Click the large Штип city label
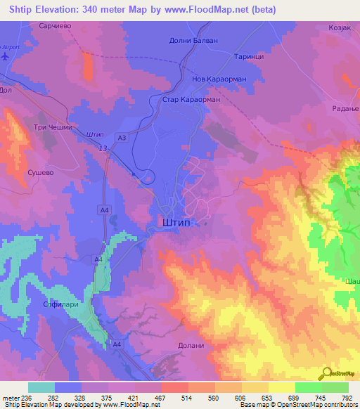pyautogui.click(x=175, y=221)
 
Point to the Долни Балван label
pyautogui.click(x=195, y=40)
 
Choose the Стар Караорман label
pyautogui.click(x=191, y=100)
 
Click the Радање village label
pyautogui.click(x=345, y=108)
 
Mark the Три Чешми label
pyautogui.click(x=49, y=127)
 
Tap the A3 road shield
pyautogui.click(x=122, y=138)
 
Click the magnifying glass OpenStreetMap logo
pyautogui.click(x=326, y=373)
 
